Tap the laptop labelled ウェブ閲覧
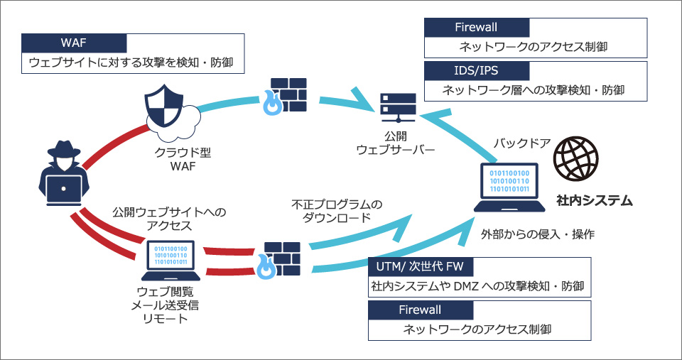pos(170,261)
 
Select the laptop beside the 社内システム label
pos(509,187)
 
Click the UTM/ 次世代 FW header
pos(420,266)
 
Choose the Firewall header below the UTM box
pos(420,310)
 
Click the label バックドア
pos(522,143)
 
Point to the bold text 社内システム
pos(595,201)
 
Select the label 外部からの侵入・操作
pos(537,234)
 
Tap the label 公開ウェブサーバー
pos(396,143)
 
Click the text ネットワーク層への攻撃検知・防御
pos(534,90)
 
